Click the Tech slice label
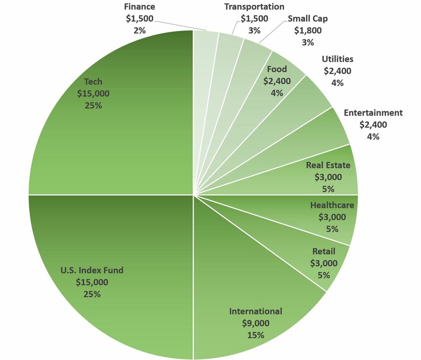point(93,81)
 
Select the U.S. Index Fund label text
point(92,270)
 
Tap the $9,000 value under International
point(256,323)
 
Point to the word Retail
point(323,251)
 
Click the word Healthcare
point(332,205)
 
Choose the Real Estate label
point(328,165)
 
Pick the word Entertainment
point(373,113)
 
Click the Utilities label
point(337,59)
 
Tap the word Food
point(276,69)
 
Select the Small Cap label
point(307,19)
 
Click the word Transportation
point(254,7)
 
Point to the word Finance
point(139,7)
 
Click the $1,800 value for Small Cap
point(307,31)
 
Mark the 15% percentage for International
point(256,335)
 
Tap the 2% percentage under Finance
point(139,30)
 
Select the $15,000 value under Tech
point(93,93)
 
